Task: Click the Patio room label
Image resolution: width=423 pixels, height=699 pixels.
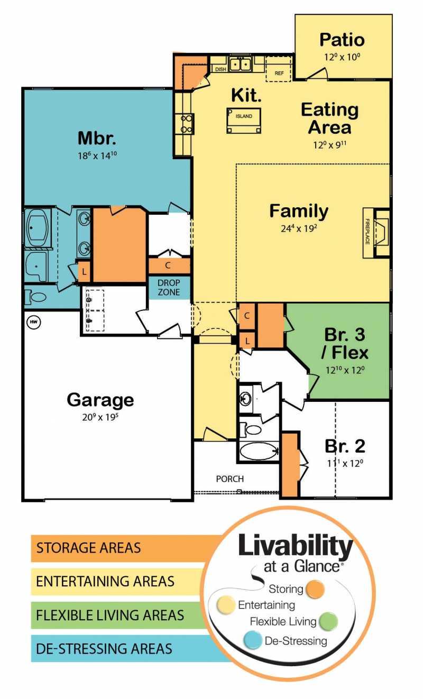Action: [x=342, y=40]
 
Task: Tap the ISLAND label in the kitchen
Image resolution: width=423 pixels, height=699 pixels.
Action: [x=244, y=116]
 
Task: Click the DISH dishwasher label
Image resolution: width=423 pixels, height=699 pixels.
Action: [x=220, y=69]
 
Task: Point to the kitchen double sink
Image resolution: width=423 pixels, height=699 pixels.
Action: [x=240, y=65]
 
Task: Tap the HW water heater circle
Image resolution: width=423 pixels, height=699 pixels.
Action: [x=34, y=321]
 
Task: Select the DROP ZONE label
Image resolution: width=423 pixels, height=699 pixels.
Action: [x=169, y=288]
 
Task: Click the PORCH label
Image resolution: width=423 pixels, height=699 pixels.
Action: [x=230, y=479]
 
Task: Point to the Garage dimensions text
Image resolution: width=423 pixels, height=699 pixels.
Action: [x=100, y=417]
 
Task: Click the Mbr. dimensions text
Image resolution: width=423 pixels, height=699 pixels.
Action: [x=97, y=155]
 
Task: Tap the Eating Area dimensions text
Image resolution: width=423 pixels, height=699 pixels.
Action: [x=330, y=145]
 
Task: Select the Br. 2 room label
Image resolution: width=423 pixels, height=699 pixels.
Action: [x=345, y=446]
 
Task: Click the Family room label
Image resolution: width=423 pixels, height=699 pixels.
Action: [x=299, y=211]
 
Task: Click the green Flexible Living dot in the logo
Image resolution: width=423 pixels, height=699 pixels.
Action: [x=328, y=621]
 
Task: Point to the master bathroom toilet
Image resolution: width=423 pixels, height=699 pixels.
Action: [x=35, y=297]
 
